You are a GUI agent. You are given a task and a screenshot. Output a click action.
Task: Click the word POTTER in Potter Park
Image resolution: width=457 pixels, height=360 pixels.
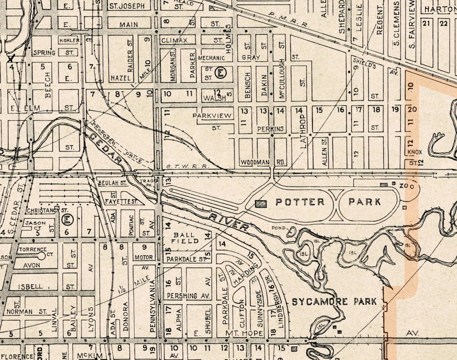point(300,202)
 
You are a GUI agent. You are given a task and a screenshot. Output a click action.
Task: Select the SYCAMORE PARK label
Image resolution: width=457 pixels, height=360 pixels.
point(334,301)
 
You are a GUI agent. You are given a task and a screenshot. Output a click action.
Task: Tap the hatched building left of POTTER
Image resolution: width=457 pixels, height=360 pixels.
point(261,204)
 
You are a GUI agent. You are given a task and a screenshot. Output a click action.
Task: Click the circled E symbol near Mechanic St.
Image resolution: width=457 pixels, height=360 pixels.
point(220,73)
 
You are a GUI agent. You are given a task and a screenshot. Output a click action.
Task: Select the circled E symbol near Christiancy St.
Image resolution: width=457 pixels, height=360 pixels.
point(67,220)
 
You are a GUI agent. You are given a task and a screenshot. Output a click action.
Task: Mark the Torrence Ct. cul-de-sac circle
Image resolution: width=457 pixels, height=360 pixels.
point(42,255)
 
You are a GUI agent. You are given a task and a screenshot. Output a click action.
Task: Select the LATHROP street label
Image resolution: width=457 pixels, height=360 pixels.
point(303,131)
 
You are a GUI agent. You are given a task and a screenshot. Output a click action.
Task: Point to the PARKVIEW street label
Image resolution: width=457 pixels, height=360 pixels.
point(212,116)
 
